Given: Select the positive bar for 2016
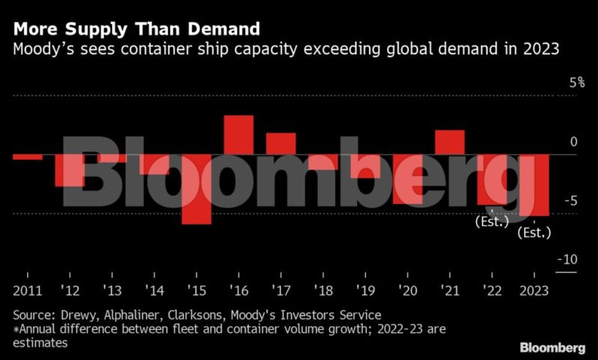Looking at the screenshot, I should tap(238, 134).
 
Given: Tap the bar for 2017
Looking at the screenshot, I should tap(281, 143).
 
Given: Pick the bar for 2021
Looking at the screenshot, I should tap(450, 142).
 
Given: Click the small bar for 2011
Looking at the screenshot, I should tap(28, 157).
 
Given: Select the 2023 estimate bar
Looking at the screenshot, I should tap(534, 185).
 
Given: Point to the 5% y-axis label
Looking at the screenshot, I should tap(576, 82).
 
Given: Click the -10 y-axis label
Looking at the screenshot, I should tap(567, 259).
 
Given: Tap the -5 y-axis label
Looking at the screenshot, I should tap(571, 200).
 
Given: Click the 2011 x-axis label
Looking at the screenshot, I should tap(27, 291).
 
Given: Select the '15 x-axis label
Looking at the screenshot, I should tap(197, 291).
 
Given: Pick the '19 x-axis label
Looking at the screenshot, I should tap(366, 291).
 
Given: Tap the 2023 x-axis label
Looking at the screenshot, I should tap(534, 291).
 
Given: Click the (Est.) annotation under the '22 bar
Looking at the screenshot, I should tap(492, 221).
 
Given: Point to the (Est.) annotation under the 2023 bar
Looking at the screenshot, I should tap(534, 233).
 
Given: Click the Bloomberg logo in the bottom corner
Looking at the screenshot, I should tap(552, 348).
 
